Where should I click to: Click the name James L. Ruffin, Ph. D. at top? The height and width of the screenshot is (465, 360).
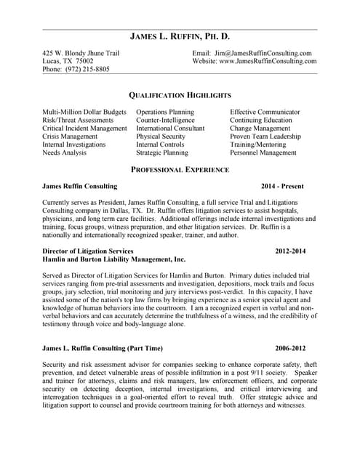180,36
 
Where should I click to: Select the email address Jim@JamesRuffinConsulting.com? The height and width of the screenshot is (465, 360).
263,53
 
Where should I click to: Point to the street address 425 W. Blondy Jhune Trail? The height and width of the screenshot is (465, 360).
81,53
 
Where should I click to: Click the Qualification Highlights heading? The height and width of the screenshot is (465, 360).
180,95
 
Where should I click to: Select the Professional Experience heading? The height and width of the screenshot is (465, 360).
180,169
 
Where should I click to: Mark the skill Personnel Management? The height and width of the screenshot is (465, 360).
263,153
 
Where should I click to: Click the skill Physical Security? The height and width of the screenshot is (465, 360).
161,137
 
